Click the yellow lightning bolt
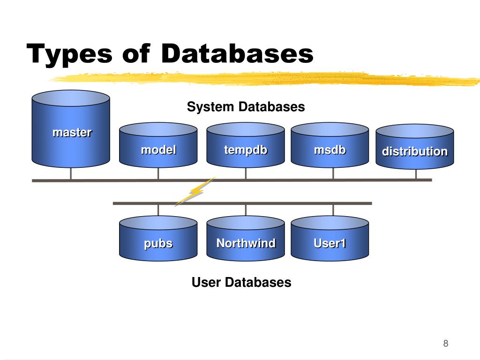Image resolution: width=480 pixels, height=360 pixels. coord(195,191)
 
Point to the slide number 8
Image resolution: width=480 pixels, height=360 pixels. coord(445,344)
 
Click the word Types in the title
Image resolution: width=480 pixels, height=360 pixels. coord(69,53)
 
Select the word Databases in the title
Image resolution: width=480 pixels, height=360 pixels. coord(237,53)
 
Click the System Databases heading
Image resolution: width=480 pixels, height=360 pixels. coord(246,107)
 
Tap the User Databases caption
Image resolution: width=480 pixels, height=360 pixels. coord(241,282)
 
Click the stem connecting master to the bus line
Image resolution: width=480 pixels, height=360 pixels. coord(71,173)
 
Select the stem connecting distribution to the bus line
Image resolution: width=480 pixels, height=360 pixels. coord(416,174)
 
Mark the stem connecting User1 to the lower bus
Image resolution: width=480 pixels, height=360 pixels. coord(333,210)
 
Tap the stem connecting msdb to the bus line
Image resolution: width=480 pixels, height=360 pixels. coord(333,173)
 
